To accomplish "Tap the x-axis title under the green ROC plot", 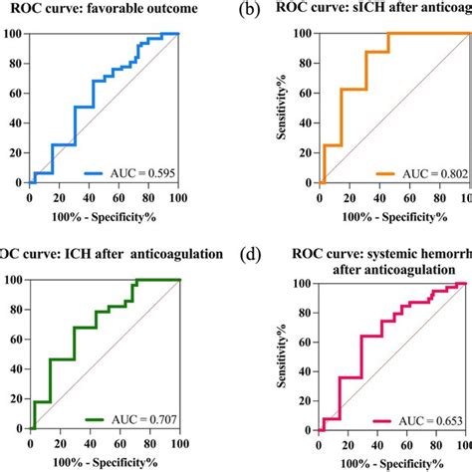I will point(105,461).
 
